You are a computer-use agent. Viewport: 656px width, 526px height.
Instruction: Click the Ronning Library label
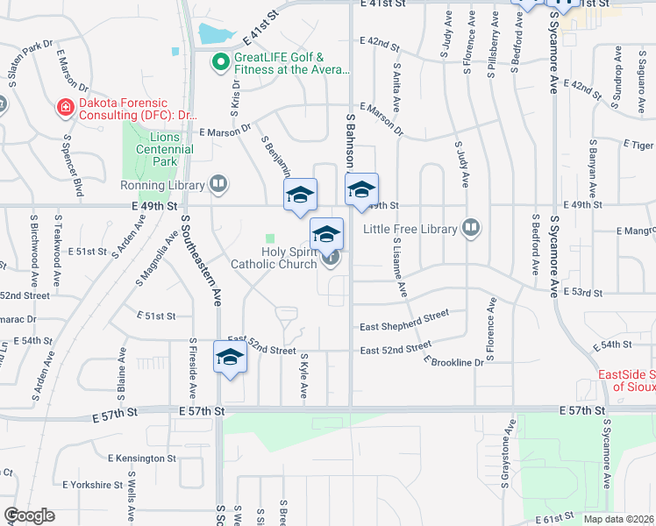click(162, 185)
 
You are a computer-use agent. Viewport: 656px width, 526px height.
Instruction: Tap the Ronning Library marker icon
click(219, 185)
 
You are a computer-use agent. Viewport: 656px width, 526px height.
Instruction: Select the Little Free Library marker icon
click(471, 229)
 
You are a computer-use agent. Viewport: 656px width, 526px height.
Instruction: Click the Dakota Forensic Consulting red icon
click(64, 108)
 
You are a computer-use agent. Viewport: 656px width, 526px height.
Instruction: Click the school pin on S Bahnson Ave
click(361, 190)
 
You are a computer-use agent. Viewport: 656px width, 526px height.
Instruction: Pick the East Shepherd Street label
click(404, 320)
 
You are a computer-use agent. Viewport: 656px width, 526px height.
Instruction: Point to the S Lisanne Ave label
click(400, 266)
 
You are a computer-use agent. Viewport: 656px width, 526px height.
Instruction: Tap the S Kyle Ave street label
click(304, 375)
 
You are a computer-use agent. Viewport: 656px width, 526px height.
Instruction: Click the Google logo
click(29, 515)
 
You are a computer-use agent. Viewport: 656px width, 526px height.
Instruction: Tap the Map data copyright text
click(618, 519)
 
